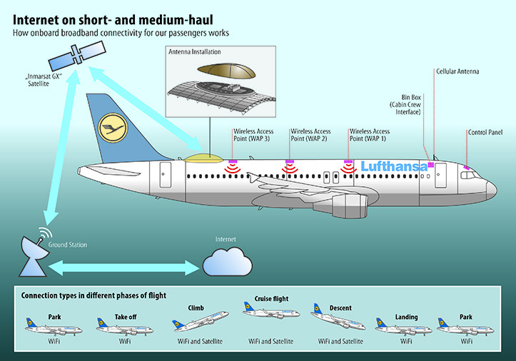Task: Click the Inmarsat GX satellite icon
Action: click(x=77, y=54)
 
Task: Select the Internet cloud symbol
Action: click(x=228, y=262)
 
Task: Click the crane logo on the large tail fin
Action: click(x=113, y=128)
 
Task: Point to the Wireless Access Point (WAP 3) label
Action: click(x=253, y=135)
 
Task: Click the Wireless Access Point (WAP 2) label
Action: click(x=310, y=135)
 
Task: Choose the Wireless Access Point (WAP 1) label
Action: click(x=370, y=135)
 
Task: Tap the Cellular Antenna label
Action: click(x=457, y=71)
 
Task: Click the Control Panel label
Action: click(x=485, y=132)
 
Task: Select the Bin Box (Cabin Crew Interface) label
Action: click(x=405, y=105)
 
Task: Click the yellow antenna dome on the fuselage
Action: click(x=203, y=158)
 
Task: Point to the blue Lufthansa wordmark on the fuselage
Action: click(x=394, y=166)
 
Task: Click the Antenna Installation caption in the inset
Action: click(x=195, y=51)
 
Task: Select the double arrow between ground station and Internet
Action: click(x=124, y=268)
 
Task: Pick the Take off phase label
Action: click(x=126, y=317)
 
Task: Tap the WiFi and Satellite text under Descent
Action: click(x=340, y=341)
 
